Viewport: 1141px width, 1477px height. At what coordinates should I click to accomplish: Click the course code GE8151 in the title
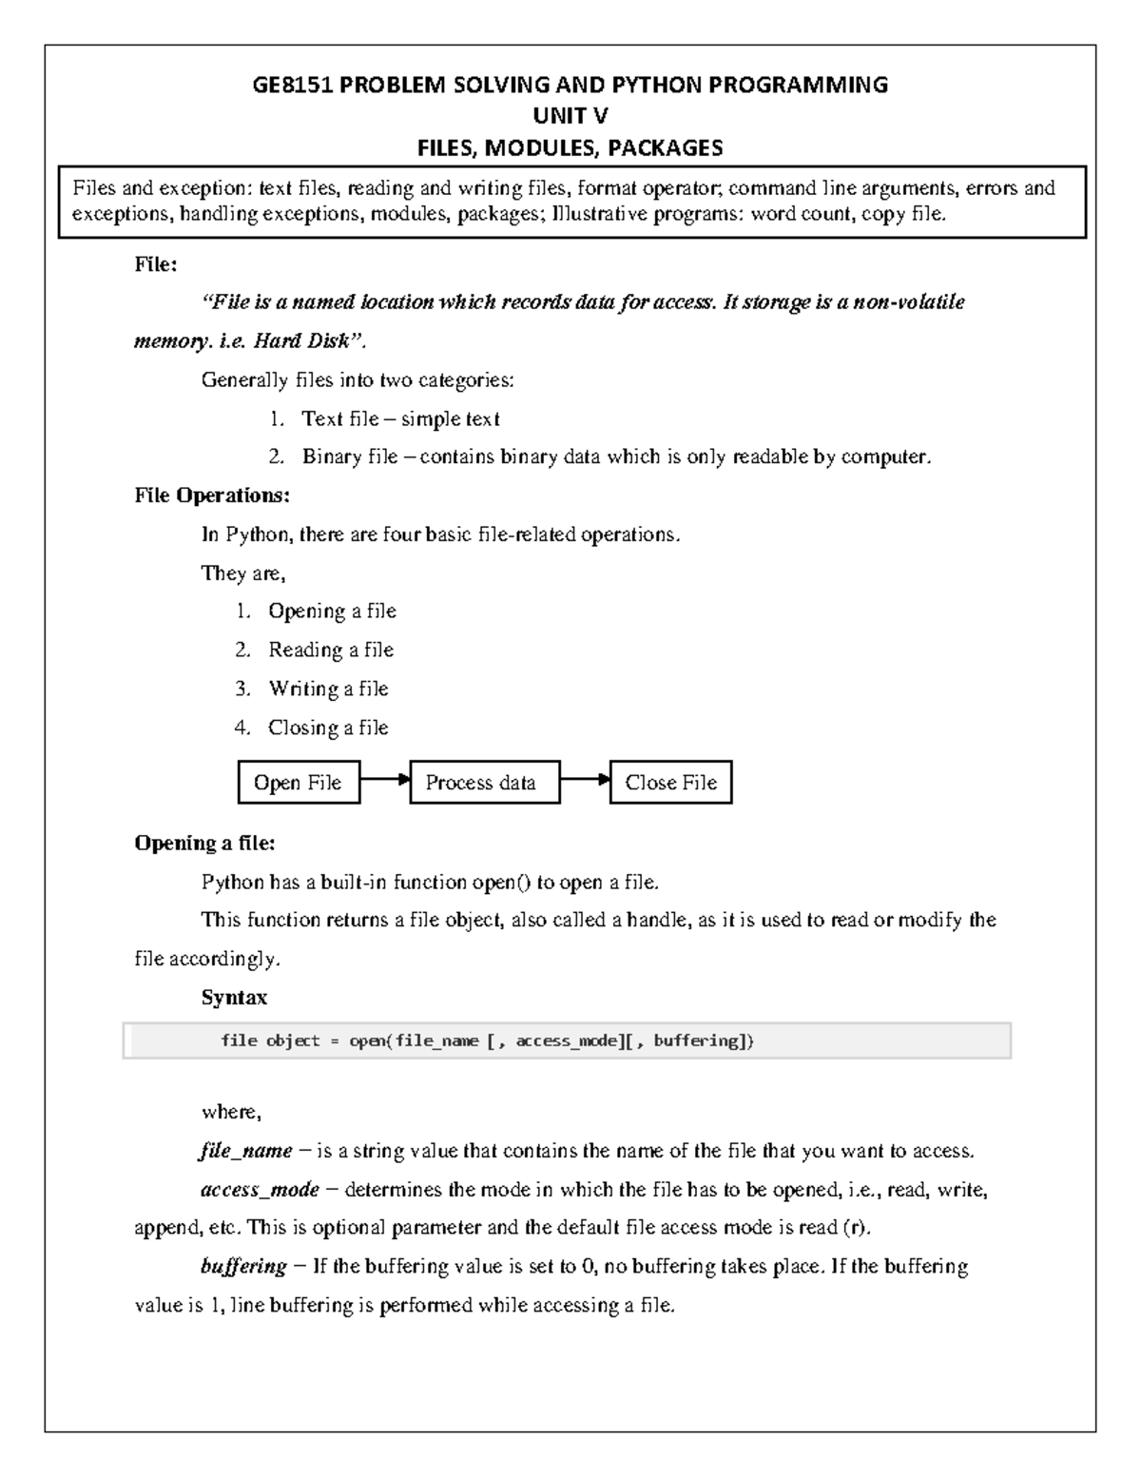pos(293,86)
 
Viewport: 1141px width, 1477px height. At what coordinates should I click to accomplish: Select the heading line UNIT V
pos(570,116)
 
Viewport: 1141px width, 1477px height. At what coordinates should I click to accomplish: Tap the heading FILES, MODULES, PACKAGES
pos(570,147)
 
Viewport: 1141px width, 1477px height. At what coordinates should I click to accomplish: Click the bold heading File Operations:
pos(212,496)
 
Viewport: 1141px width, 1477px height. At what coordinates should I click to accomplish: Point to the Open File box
pos(298,783)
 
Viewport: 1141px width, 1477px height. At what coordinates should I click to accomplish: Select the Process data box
pos(484,783)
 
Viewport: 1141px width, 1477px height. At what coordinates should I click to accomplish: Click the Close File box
pos(670,783)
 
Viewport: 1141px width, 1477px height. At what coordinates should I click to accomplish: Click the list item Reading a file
pos(330,651)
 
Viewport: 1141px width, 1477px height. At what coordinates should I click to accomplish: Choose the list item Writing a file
pos(328,689)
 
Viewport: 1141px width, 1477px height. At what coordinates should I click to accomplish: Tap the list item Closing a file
pos(328,728)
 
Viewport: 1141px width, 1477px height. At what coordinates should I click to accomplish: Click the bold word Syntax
pos(234,998)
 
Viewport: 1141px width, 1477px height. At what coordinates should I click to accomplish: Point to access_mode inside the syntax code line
pos(568,1040)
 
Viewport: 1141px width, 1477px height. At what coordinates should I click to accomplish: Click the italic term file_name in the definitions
pos(246,1152)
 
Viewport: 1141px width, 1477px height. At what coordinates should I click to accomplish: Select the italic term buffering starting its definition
pos(243,1267)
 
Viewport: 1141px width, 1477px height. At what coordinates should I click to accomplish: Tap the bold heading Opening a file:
pos(204,844)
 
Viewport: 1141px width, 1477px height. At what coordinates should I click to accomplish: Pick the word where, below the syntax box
pos(230,1113)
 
